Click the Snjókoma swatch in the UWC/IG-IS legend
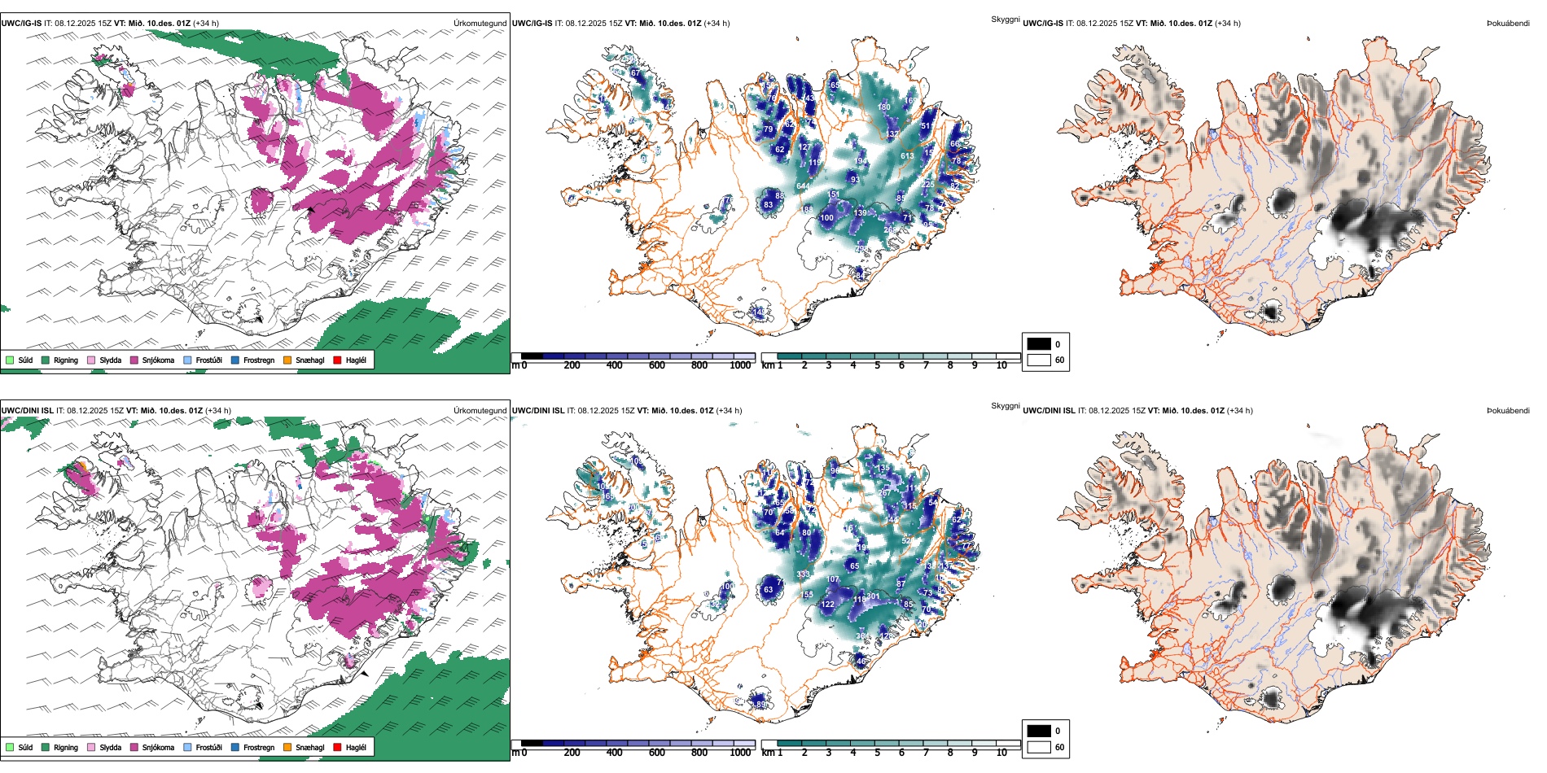pos(134,360)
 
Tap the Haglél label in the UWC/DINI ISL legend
pos(356,748)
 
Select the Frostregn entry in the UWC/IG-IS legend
pos(258,360)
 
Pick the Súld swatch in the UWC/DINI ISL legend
pos(10,748)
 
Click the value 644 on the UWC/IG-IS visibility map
pos(803,186)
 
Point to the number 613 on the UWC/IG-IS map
pos(907,156)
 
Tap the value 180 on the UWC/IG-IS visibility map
pos(884,107)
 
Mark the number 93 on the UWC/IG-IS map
pos(854,180)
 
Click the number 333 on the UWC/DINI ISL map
pos(803,574)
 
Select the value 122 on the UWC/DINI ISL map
pos(827,605)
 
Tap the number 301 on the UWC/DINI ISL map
pos(873,596)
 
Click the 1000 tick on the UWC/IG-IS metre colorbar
pos(740,366)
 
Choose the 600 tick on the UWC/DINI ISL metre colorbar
pos(657,753)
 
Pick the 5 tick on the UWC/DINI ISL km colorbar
pos(878,753)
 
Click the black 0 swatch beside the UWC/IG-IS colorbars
pos(1039,344)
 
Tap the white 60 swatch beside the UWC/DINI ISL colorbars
pos(1039,747)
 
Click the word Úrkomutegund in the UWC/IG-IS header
pos(480,24)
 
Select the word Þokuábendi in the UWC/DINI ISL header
pos(1508,411)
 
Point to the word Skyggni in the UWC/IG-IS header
pos(1006,20)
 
